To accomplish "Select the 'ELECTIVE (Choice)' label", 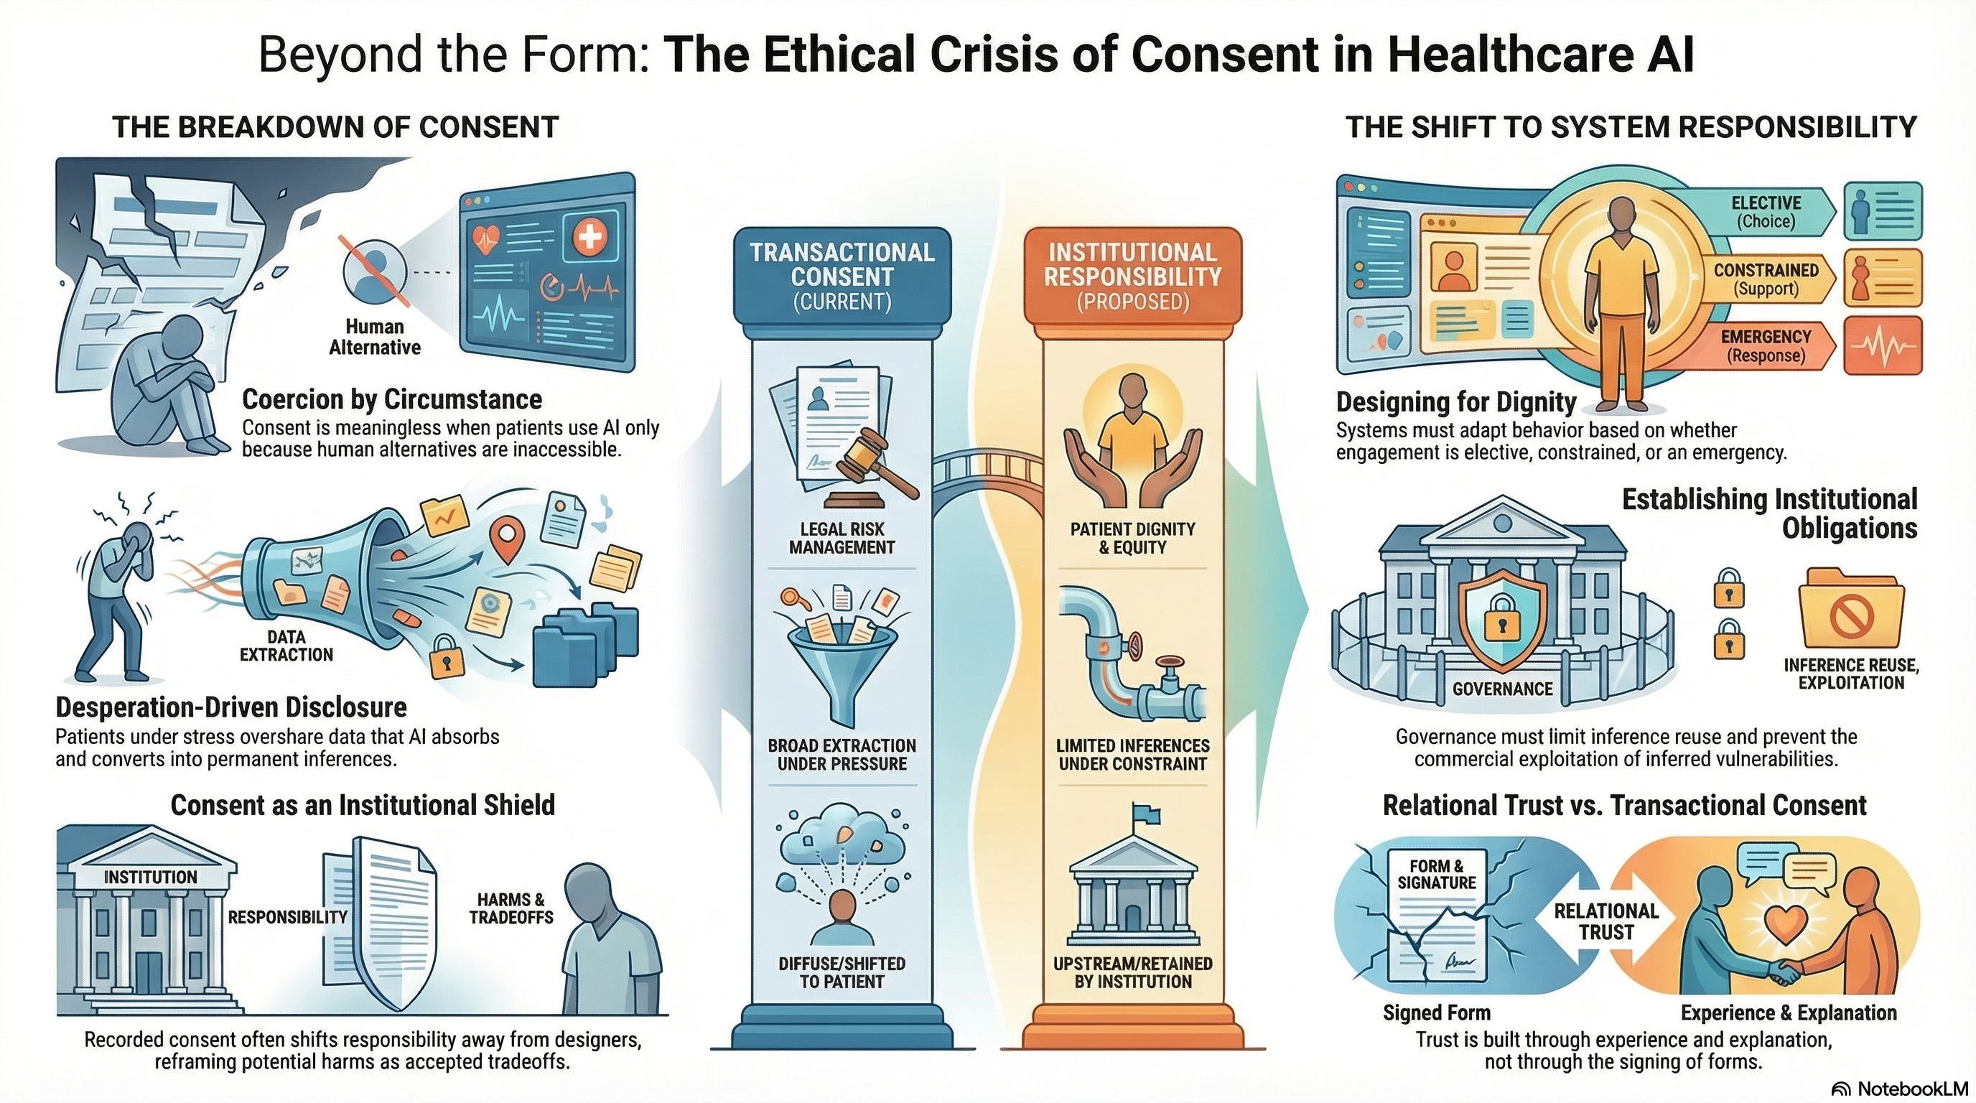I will pyautogui.click(x=1766, y=212).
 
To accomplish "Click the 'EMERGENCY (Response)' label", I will pyautogui.click(x=1766, y=346).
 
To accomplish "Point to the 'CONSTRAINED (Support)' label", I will pyautogui.click(x=1766, y=279).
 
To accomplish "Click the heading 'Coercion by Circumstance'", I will pyautogui.click(x=392, y=399).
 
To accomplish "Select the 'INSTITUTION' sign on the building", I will pyautogui.click(x=150, y=877).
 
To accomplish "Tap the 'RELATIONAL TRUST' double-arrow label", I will pyautogui.click(x=1606, y=921).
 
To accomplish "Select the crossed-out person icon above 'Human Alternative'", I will pyautogui.click(x=373, y=272).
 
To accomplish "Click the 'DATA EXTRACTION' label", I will pyautogui.click(x=286, y=645).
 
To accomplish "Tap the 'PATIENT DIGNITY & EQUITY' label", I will pyautogui.click(x=1132, y=538).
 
